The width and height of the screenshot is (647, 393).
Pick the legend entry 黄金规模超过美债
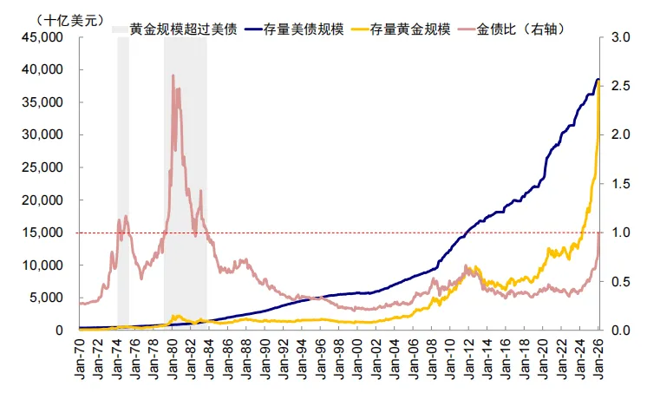(183, 29)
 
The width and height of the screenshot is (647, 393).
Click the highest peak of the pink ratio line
(173, 75)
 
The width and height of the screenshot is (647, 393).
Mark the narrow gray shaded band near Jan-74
(123, 182)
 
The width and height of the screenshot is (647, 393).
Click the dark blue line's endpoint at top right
(598, 80)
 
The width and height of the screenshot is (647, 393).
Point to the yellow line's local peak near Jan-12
(476, 266)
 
